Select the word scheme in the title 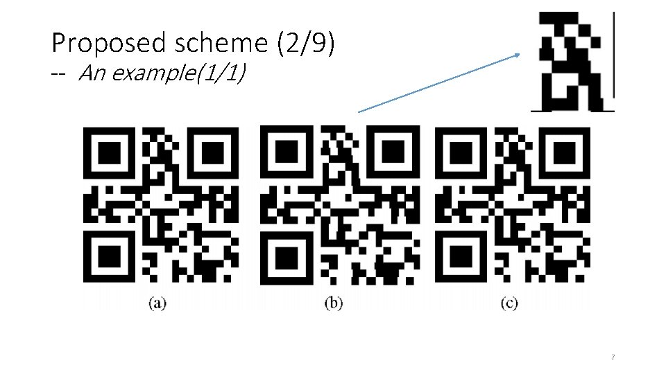point(210,44)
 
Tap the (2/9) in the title point(305,44)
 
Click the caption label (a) point(157,303)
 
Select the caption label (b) point(334,303)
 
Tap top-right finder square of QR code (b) point(394,152)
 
